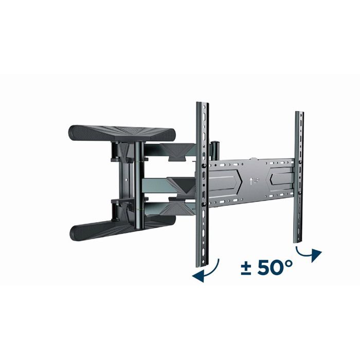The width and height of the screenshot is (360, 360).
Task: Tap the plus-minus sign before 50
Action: [246, 268]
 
